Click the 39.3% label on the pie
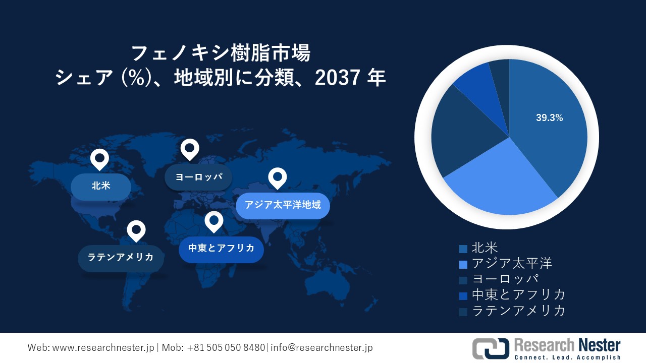click(549, 118)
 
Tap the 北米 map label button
click(101, 186)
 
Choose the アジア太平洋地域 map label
click(283, 205)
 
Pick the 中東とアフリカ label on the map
click(221, 248)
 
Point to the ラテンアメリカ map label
click(121, 258)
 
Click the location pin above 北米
click(99, 159)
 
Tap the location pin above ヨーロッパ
click(190, 149)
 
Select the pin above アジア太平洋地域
click(277, 177)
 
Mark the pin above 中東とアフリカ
click(213, 221)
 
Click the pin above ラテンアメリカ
click(136, 230)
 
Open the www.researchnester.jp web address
click(103, 348)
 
